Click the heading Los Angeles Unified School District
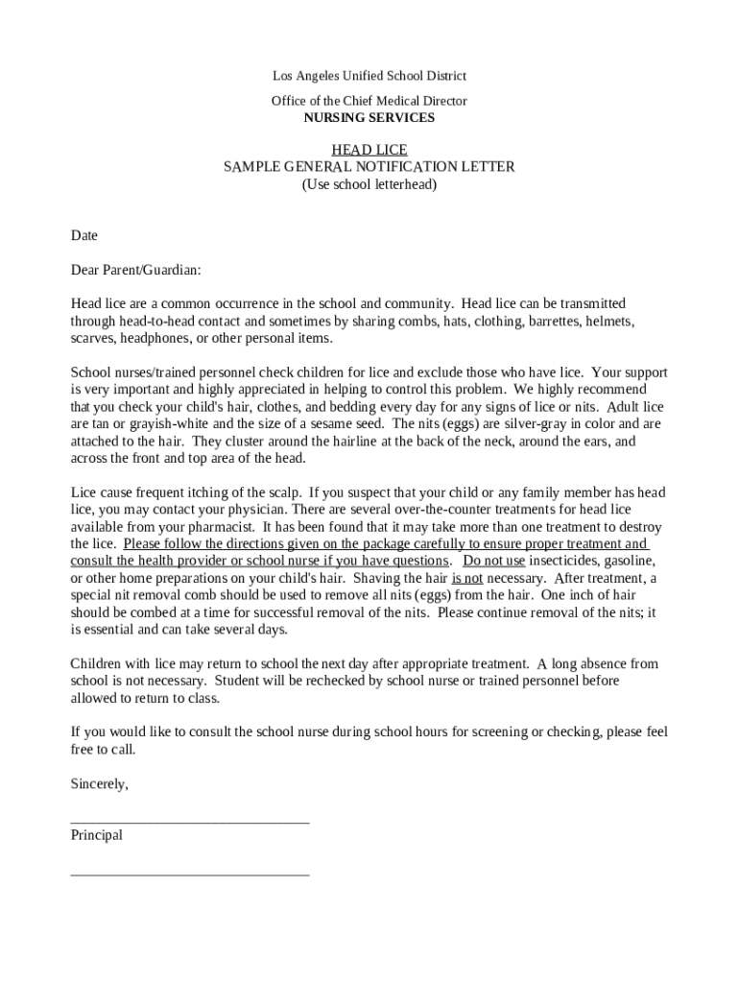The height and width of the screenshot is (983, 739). click(x=369, y=76)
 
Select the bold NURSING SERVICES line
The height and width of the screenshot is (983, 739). click(x=369, y=118)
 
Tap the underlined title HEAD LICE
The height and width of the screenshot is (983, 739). click(x=369, y=150)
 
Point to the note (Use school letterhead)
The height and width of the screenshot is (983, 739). click(x=369, y=184)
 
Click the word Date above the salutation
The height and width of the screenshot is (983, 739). click(x=84, y=235)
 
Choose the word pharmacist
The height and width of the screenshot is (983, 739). click(x=220, y=527)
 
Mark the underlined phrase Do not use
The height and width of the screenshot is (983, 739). click(x=494, y=561)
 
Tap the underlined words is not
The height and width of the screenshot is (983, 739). click(x=467, y=578)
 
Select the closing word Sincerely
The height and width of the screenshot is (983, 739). click(x=99, y=784)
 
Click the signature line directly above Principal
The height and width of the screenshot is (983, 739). click(x=190, y=822)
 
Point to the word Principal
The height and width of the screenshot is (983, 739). click(x=97, y=835)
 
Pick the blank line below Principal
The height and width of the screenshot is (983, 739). click(x=190, y=874)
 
